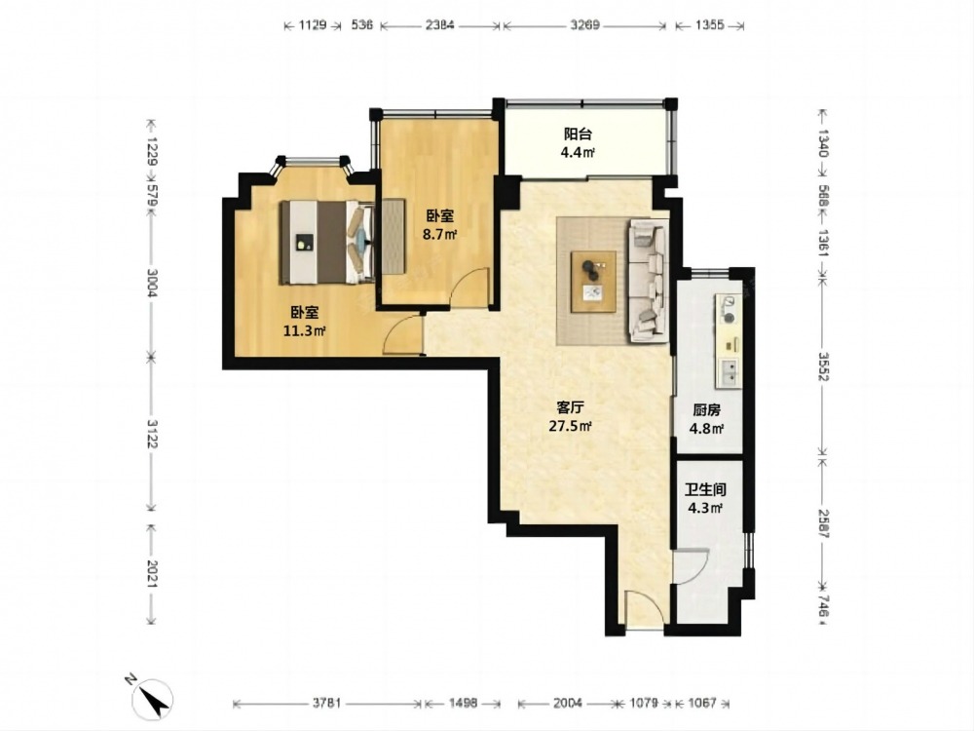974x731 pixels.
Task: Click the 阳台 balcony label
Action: (577, 134)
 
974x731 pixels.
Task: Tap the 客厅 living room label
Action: (570, 407)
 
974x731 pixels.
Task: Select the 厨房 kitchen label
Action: (706, 410)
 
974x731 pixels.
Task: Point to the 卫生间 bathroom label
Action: (705, 490)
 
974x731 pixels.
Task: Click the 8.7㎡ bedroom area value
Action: (440, 234)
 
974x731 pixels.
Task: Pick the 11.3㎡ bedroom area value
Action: (304, 330)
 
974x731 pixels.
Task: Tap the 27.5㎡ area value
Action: (570, 427)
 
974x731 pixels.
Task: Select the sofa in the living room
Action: (650, 281)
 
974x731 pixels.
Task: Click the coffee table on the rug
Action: (594, 281)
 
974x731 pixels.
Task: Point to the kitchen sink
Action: (730, 372)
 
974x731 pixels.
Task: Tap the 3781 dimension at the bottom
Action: (326, 703)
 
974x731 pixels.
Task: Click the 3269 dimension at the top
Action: (584, 25)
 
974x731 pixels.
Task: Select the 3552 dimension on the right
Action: (823, 367)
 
